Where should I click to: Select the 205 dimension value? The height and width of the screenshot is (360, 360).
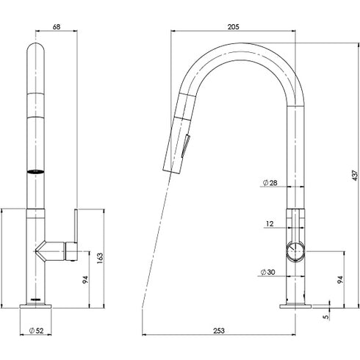click(234, 26)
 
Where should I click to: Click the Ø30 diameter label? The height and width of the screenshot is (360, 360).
click(267, 273)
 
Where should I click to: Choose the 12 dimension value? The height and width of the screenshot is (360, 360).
click(270, 223)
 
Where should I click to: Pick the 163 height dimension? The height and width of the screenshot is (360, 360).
click(100, 259)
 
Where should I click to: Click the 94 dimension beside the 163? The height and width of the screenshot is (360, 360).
click(84, 281)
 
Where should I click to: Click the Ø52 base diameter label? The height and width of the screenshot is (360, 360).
click(37, 331)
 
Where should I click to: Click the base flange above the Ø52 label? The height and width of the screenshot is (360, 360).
click(37, 306)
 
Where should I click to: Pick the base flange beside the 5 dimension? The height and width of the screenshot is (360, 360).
click(296, 305)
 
